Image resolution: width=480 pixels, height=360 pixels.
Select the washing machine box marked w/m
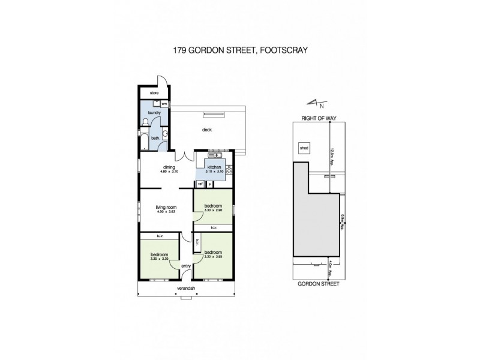164,104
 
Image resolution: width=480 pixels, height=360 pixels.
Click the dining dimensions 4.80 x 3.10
169,172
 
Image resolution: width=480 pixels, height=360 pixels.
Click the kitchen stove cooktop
229,170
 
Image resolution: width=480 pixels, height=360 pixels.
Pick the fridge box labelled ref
201,183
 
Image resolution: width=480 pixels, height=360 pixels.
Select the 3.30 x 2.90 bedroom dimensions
212,210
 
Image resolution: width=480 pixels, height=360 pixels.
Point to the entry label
185,266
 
